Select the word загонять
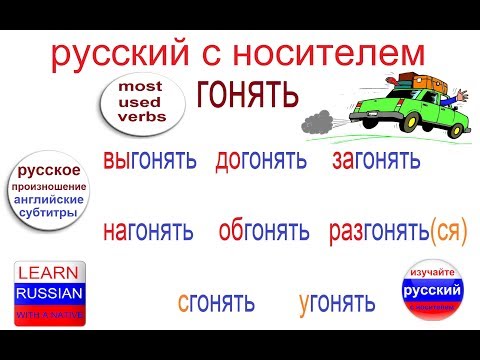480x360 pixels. (x=376, y=160)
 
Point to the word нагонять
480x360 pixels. (x=147, y=233)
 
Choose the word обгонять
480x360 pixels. (x=264, y=233)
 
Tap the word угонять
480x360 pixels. (x=337, y=301)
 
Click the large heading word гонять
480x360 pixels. (x=247, y=95)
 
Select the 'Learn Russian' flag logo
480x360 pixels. (x=50, y=293)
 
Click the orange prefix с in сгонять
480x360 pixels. (x=184, y=301)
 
